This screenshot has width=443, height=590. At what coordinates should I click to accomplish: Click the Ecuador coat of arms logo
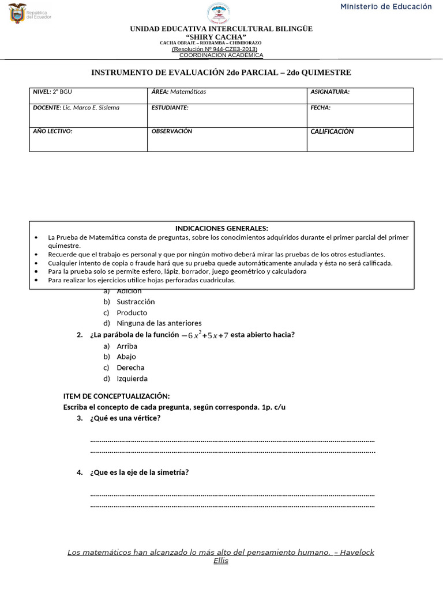tap(18, 13)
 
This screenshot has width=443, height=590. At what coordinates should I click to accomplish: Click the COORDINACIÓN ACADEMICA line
tap(221, 55)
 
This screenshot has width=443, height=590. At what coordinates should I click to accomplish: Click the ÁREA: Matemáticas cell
tap(179, 92)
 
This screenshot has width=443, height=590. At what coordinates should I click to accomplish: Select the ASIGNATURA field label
tap(330, 92)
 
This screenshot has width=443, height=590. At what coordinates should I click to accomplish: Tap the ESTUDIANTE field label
tap(170, 108)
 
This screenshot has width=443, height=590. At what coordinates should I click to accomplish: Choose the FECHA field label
tap(320, 108)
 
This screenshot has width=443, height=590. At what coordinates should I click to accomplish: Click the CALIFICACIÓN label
tap(332, 131)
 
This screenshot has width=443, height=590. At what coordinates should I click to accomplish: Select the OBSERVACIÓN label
tap(172, 131)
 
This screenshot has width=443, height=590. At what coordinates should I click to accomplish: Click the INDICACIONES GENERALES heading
tap(221, 228)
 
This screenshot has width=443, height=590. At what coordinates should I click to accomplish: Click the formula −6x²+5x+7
tap(205, 335)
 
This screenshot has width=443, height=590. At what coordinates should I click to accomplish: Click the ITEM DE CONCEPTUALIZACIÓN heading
tap(117, 396)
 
